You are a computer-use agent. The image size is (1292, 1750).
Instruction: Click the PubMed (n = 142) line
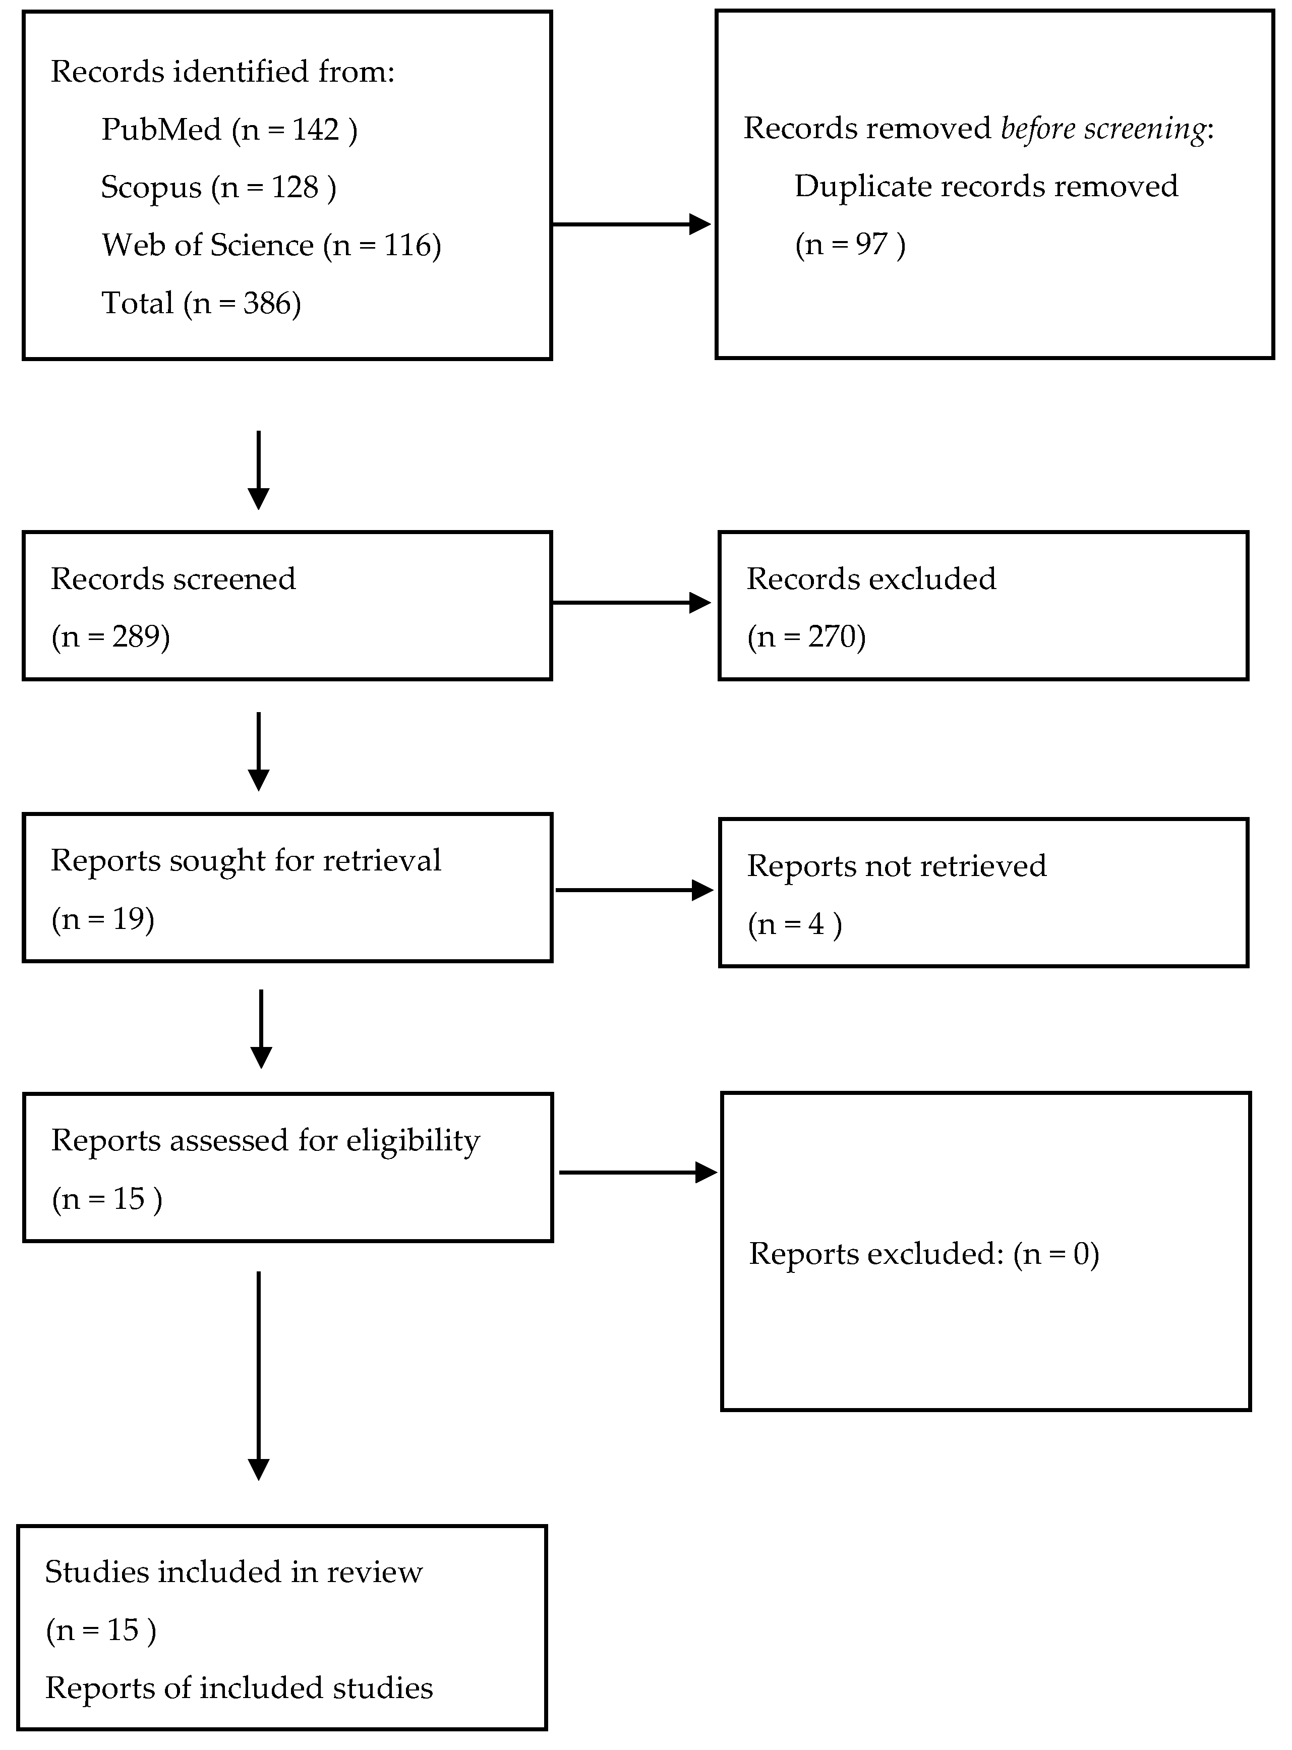[x=229, y=130]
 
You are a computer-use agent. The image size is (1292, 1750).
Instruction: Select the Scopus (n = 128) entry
[x=218, y=188]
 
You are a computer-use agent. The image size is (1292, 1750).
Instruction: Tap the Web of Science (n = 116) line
[x=271, y=246]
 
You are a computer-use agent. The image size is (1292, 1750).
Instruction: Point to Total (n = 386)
[x=201, y=304]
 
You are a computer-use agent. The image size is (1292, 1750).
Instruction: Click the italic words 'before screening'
[x=1103, y=128]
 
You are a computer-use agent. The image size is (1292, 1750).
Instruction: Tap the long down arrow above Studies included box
[x=258, y=1376]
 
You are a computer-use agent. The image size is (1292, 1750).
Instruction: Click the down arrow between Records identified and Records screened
[x=258, y=469]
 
